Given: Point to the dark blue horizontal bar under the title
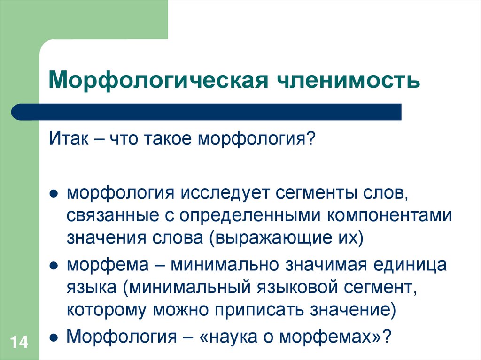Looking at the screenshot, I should [x=207, y=112].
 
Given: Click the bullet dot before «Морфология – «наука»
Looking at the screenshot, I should [x=54, y=338].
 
